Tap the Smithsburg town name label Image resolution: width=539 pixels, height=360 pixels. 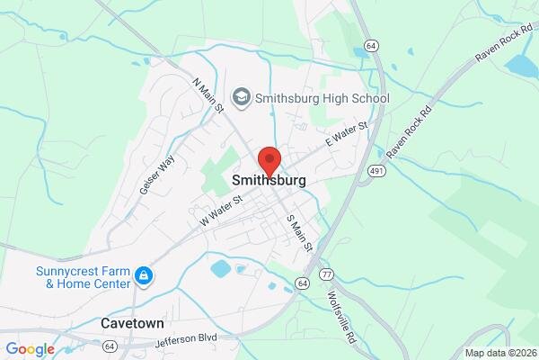click(269, 180)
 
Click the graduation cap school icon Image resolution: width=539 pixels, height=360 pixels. click(240, 95)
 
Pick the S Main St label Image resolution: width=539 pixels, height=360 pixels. click(298, 231)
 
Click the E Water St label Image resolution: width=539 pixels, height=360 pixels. click(347, 137)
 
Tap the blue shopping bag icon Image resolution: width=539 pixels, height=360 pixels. click(142, 274)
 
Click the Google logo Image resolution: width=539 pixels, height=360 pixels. click(30, 349)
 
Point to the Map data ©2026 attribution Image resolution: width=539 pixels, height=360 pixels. click(499, 353)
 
